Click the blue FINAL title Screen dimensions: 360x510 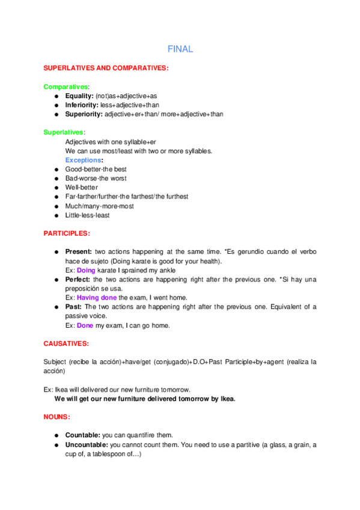tap(180, 49)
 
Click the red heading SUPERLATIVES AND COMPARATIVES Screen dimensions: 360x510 tap(106, 69)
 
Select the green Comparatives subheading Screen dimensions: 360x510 tap(66, 87)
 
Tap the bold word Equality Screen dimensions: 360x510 tap(79, 96)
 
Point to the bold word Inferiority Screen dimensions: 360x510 tap(82, 105)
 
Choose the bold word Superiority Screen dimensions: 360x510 tap(84, 114)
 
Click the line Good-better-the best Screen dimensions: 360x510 tap(96, 169)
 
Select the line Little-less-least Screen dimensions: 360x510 tap(87, 215)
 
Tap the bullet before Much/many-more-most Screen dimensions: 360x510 tap(55, 206)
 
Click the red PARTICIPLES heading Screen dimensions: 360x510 tap(67, 233)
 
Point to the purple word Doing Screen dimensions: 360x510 tap(87, 270)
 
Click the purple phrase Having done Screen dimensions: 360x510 tap(97, 297)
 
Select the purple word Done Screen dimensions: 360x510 tap(85, 325)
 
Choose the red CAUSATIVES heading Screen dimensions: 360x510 tap(66, 343)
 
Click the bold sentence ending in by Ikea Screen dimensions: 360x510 tap(145, 398)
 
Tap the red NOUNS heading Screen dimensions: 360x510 tap(57, 416)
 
